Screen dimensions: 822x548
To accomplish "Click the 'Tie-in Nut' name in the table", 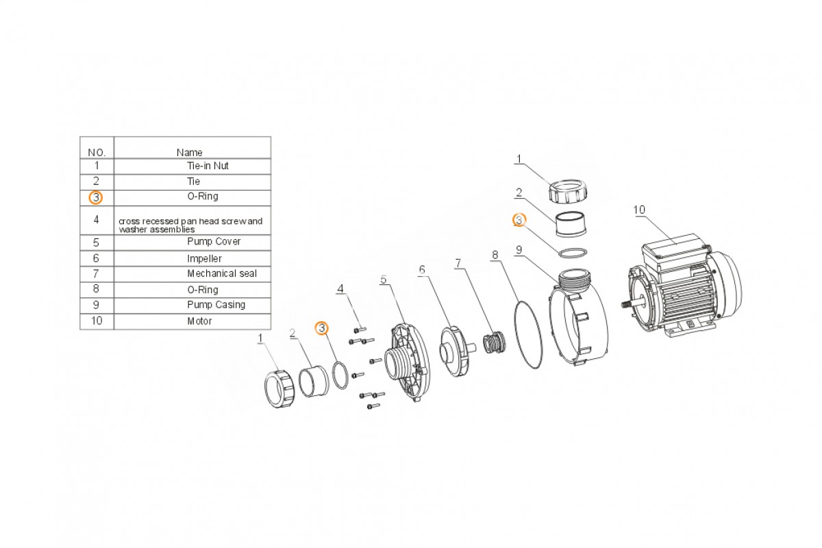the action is (208, 166).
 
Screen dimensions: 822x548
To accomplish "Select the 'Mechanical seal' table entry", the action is (222, 273).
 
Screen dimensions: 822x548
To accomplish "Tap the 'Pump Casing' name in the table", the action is (216, 305).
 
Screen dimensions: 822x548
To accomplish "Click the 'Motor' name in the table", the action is (199, 321).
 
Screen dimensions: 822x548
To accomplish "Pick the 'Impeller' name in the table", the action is (204, 259).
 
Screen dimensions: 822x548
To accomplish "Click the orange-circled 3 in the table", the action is (96, 197).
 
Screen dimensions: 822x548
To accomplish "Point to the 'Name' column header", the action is (189, 152).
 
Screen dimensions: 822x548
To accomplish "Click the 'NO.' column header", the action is (97, 152).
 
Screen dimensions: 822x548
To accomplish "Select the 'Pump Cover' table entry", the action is (214, 242).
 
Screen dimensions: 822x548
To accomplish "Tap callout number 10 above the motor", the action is (639, 210).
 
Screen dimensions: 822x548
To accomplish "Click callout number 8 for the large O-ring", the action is (495, 255).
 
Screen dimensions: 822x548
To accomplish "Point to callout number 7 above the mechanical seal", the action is (458, 263).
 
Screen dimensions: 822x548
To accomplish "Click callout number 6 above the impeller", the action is (422, 270).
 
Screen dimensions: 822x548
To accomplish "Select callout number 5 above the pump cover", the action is (384, 279).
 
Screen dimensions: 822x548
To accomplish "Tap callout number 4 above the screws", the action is (340, 289).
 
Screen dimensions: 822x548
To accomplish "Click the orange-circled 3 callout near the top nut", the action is (519, 220).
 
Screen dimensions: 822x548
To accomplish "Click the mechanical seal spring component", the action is (494, 342).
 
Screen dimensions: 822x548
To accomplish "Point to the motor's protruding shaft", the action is (632, 304).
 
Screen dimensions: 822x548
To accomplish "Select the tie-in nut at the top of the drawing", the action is (568, 190).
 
